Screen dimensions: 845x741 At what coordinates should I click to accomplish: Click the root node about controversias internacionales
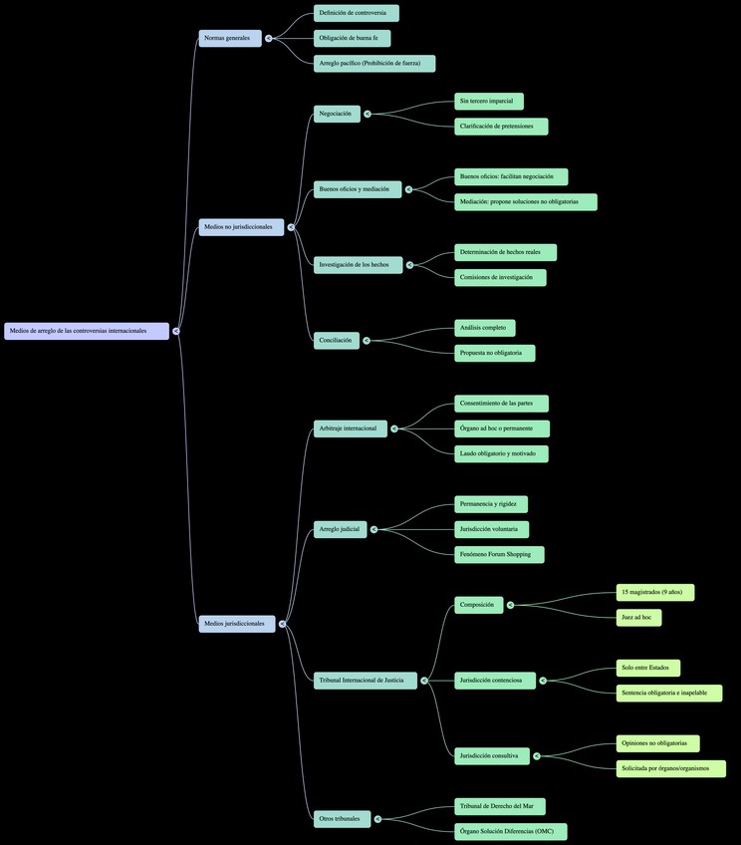pos(87,331)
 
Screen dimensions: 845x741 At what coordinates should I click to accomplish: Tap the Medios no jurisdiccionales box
pos(241,227)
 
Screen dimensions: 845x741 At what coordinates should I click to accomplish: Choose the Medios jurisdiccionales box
pos(237,624)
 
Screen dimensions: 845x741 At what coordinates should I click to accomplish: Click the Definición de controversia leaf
pos(357,13)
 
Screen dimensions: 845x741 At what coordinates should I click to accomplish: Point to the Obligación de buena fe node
pos(352,38)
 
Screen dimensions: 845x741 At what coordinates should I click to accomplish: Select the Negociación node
pos(337,114)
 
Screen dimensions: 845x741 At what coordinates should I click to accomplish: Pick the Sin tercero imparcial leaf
pos(488,101)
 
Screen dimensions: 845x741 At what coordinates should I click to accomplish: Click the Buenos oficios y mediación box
pos(358,189)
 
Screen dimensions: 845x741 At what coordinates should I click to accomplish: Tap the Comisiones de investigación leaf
pos(500,277)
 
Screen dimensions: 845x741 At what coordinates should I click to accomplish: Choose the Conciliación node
pos(336,341)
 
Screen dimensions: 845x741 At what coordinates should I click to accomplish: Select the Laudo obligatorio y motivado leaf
pos(501,453)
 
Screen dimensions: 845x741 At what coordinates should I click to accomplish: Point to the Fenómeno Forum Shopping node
pos(499,554)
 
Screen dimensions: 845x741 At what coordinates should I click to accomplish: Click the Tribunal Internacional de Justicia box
pos(365,681)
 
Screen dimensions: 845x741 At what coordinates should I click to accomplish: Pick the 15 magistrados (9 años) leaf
pos(654,592)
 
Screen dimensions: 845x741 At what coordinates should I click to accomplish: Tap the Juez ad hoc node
pos(638,618)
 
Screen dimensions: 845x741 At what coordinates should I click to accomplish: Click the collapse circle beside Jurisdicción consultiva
pos(537,756)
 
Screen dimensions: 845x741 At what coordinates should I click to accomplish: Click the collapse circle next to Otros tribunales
pos(377,819)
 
